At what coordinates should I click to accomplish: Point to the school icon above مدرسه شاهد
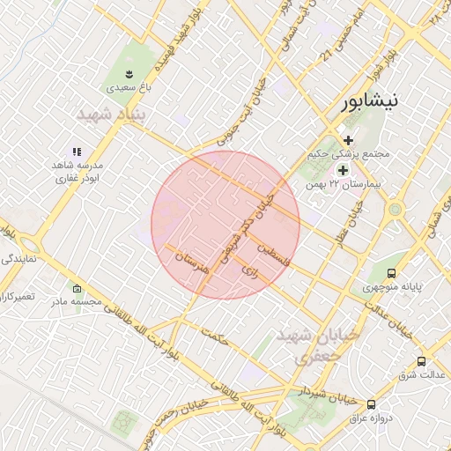(x=78, y=152)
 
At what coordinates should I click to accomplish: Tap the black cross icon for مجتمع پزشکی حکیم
(x=349, y=139)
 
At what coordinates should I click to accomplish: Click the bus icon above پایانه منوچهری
(x=392, y=272)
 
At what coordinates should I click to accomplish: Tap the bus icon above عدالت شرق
(x=421, y=361)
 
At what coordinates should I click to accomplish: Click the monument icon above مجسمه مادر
(x=77, y=288)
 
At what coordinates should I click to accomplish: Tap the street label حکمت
(x=215, y=336)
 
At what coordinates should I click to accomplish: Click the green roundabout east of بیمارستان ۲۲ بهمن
(x=395, y=210)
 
